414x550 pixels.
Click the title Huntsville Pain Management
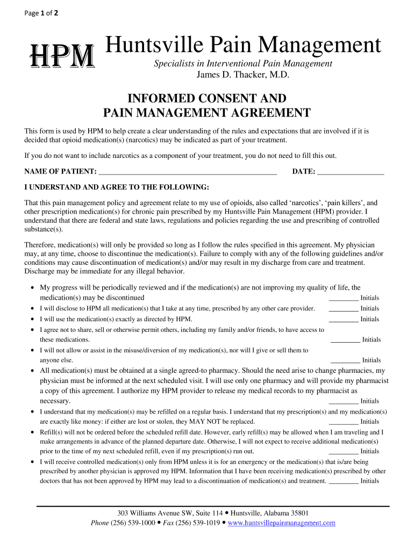(x=242, y=46)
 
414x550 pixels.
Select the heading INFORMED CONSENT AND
(x=206, y=99)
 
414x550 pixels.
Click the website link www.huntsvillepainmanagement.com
(x=282, y=523)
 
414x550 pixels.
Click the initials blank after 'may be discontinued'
(x=343, y=298)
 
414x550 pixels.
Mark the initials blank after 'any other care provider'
(x=343, y=309)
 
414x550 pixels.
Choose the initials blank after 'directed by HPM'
(x=343, y=320)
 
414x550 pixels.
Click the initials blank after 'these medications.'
(x=345, y=340)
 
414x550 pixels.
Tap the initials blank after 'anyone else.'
(x=345, y=360)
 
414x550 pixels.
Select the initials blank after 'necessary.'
(x=343, y=401)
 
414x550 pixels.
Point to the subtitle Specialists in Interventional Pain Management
(x=243, y=64)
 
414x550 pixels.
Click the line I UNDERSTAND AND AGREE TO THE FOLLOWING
(x=117, y=187)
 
